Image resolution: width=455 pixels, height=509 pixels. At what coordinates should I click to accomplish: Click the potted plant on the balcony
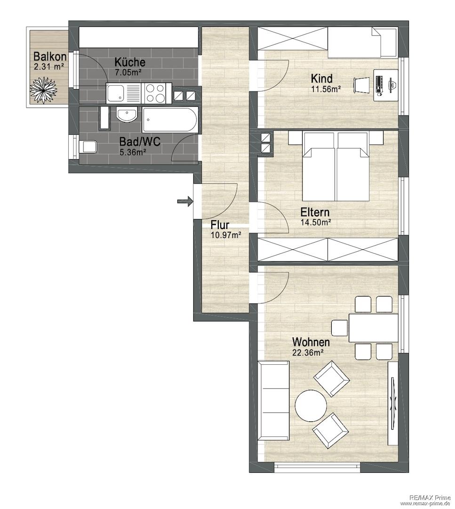click(x=43, y=90)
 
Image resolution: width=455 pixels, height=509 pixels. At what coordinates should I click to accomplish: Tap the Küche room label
click(x=129, y=62)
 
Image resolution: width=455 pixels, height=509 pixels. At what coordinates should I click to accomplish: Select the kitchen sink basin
click(x=116, y=93)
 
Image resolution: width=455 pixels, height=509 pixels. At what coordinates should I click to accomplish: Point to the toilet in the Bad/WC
click(x=88, y=147)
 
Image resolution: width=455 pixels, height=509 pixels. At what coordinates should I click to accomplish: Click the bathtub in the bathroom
click(x=169, y=120)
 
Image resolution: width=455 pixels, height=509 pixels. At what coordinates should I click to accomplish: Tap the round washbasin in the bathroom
click(x=127, y=115)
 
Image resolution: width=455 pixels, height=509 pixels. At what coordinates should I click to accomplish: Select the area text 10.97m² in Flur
click(x=225, y=235)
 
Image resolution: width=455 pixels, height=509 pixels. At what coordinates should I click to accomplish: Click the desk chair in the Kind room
click(x=361, y=85)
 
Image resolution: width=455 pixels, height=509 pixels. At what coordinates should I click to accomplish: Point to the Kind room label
click(x=321, y=79)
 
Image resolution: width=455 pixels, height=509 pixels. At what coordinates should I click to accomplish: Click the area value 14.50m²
click(x=316, y=222)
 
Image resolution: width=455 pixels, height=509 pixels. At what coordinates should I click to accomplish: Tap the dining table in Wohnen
click(x=373, y=328)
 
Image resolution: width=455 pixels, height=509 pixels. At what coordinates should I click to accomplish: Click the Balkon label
click(x=50, y=57)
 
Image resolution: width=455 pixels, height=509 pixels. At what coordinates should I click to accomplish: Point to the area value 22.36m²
click(x=308, y=352)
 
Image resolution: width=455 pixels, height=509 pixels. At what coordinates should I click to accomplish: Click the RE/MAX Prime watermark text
click(x=430, y=498)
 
